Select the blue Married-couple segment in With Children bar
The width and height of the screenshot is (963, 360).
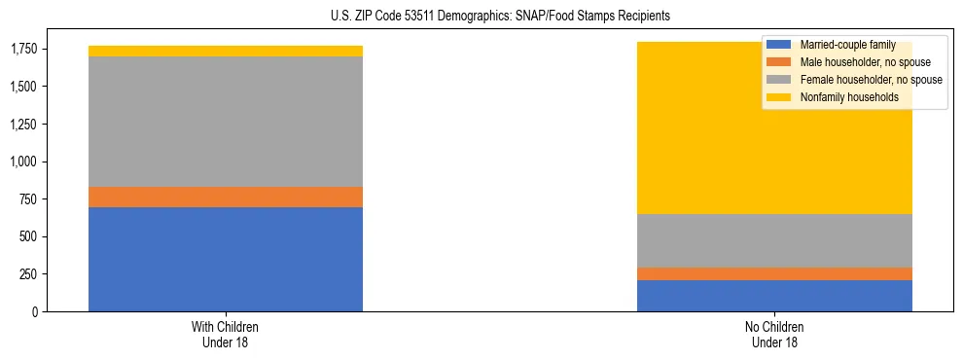point(226,259)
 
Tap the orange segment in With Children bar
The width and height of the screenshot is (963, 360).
point(226,197)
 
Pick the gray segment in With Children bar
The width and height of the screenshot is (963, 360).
point(226,122)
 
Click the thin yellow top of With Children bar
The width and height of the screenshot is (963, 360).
point(226,51)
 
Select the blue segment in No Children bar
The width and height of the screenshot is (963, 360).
point(774,296)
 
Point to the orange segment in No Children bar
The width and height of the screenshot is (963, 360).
point(774,273)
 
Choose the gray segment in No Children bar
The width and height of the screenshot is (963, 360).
point(774,240)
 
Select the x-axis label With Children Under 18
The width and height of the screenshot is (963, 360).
point(226,335)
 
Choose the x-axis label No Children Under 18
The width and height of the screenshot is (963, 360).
point(774,335)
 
